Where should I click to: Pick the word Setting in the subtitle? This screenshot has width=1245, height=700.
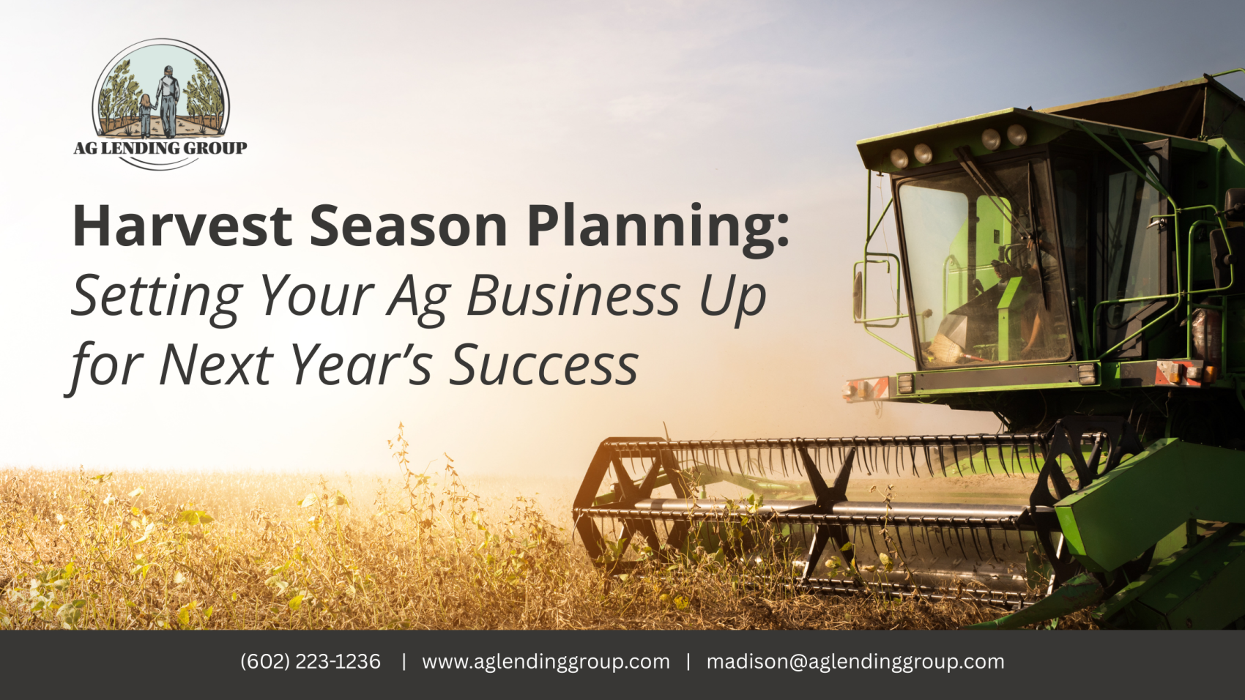coord(157,299)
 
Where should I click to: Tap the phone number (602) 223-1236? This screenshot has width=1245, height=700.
coord(311,662)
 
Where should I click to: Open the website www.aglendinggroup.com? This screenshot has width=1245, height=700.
coord(546,662)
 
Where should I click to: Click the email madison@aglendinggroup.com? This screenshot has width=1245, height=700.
coord(855,662)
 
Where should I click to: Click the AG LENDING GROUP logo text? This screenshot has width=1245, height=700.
coord(160,148)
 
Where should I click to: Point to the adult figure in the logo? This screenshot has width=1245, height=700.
coord(167,102)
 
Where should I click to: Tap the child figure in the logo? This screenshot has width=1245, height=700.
coord(146,116)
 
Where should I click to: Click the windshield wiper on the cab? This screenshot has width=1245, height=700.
coord(1000,195)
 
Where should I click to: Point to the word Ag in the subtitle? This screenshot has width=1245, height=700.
coord(418,299)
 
